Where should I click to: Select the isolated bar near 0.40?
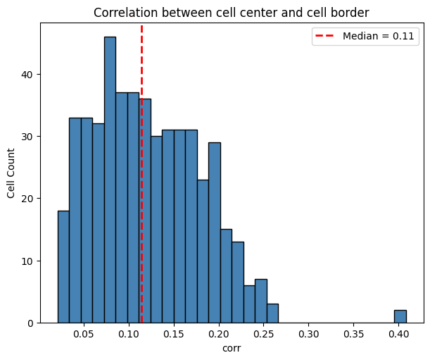click(400, 316)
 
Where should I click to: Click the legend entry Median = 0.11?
click(365, 37)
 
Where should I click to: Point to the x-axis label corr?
click(232, 348)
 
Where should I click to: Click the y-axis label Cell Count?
click(11, 173)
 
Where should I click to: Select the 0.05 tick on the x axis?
click(84, 333)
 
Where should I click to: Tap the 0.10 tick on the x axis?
click(129, 333)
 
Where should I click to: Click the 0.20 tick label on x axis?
click(219, 333)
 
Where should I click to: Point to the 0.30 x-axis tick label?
click(309, 333)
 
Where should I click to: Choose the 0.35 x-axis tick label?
click(354, 333)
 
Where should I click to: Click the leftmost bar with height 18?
click(63, 268)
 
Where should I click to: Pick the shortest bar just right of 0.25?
click(272, 314)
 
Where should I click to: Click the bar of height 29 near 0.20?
click(214, 232)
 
